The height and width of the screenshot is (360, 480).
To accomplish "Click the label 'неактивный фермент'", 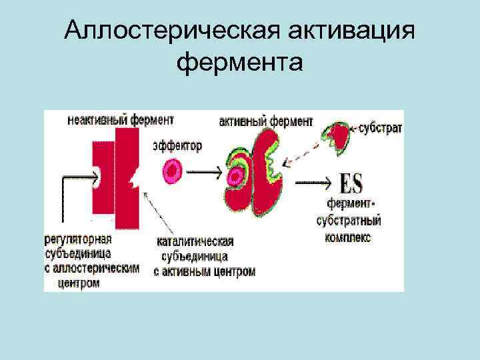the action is click(x=120, y=120).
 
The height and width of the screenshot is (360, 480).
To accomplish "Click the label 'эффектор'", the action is click(x=177, y=145).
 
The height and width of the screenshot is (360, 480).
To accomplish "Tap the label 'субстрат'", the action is click(x=381, y=127).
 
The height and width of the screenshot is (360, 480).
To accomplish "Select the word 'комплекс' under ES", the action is click(x=349, y=236).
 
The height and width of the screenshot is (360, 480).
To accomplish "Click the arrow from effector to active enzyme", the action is click(x=206, y=172).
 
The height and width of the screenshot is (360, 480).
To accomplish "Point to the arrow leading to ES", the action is click(x=313, y=181).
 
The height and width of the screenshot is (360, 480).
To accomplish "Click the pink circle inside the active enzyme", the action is click(x=235, y=177).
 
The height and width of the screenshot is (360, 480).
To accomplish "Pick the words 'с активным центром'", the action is click(x=204, y=271).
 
